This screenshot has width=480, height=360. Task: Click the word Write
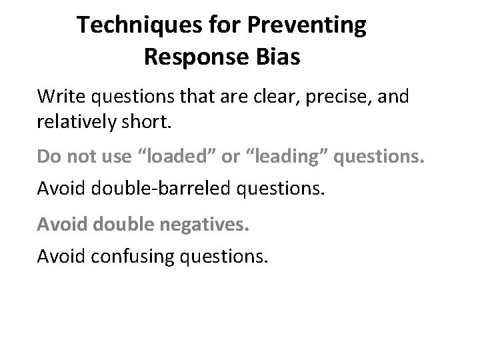(59, 97)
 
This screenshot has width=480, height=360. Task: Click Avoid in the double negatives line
(60, 223)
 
